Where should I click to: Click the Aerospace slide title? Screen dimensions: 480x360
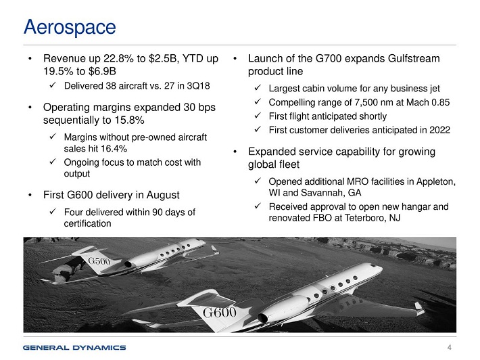pos(70,28)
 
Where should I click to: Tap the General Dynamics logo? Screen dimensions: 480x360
pos(74,347)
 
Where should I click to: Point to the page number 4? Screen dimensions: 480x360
pos(450,347)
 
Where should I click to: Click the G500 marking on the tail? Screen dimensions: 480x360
pos(99,261)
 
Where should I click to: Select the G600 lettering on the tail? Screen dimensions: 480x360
pos(219,313)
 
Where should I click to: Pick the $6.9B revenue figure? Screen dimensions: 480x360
pos(102,71)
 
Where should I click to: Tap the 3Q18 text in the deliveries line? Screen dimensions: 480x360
pos(198,86)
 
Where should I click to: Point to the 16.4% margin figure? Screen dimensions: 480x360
pos(114,149)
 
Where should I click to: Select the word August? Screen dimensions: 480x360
pos(163,195)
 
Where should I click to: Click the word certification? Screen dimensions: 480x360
pos(88,223)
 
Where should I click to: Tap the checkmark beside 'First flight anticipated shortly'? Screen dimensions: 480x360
pos(258,116)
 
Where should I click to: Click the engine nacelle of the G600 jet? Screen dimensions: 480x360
pos(283,309)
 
